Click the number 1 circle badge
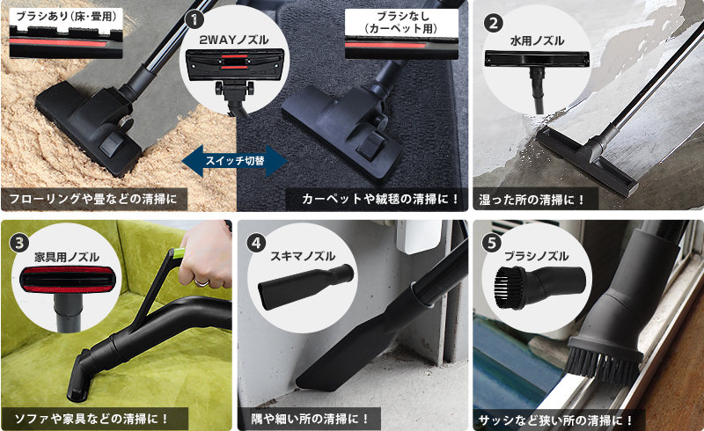(x=194, y=19)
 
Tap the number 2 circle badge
(x=494, y=23)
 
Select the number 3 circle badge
(x=19, y=244)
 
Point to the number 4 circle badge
(x=256, y=243)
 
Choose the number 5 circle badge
(x=492, y=243)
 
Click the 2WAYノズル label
(x=234, y=40)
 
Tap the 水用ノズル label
(x=537, y=40)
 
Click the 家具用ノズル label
(x=67, y=257)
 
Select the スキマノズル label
(x=303, y=256)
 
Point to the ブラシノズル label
(x=536, y=256)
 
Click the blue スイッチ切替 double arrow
(x=235, y=161)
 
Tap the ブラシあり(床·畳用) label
(x=66, y=17)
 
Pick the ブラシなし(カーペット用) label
(x=402, y=23)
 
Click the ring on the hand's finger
(x=202, y=282)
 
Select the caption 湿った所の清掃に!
(x=532, y=200)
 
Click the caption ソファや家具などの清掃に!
(x=92, y=419)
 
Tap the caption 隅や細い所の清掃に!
(x=310, y=419)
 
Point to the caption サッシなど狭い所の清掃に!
(x=556, y=420)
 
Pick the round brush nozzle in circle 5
(x=539, y=287)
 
